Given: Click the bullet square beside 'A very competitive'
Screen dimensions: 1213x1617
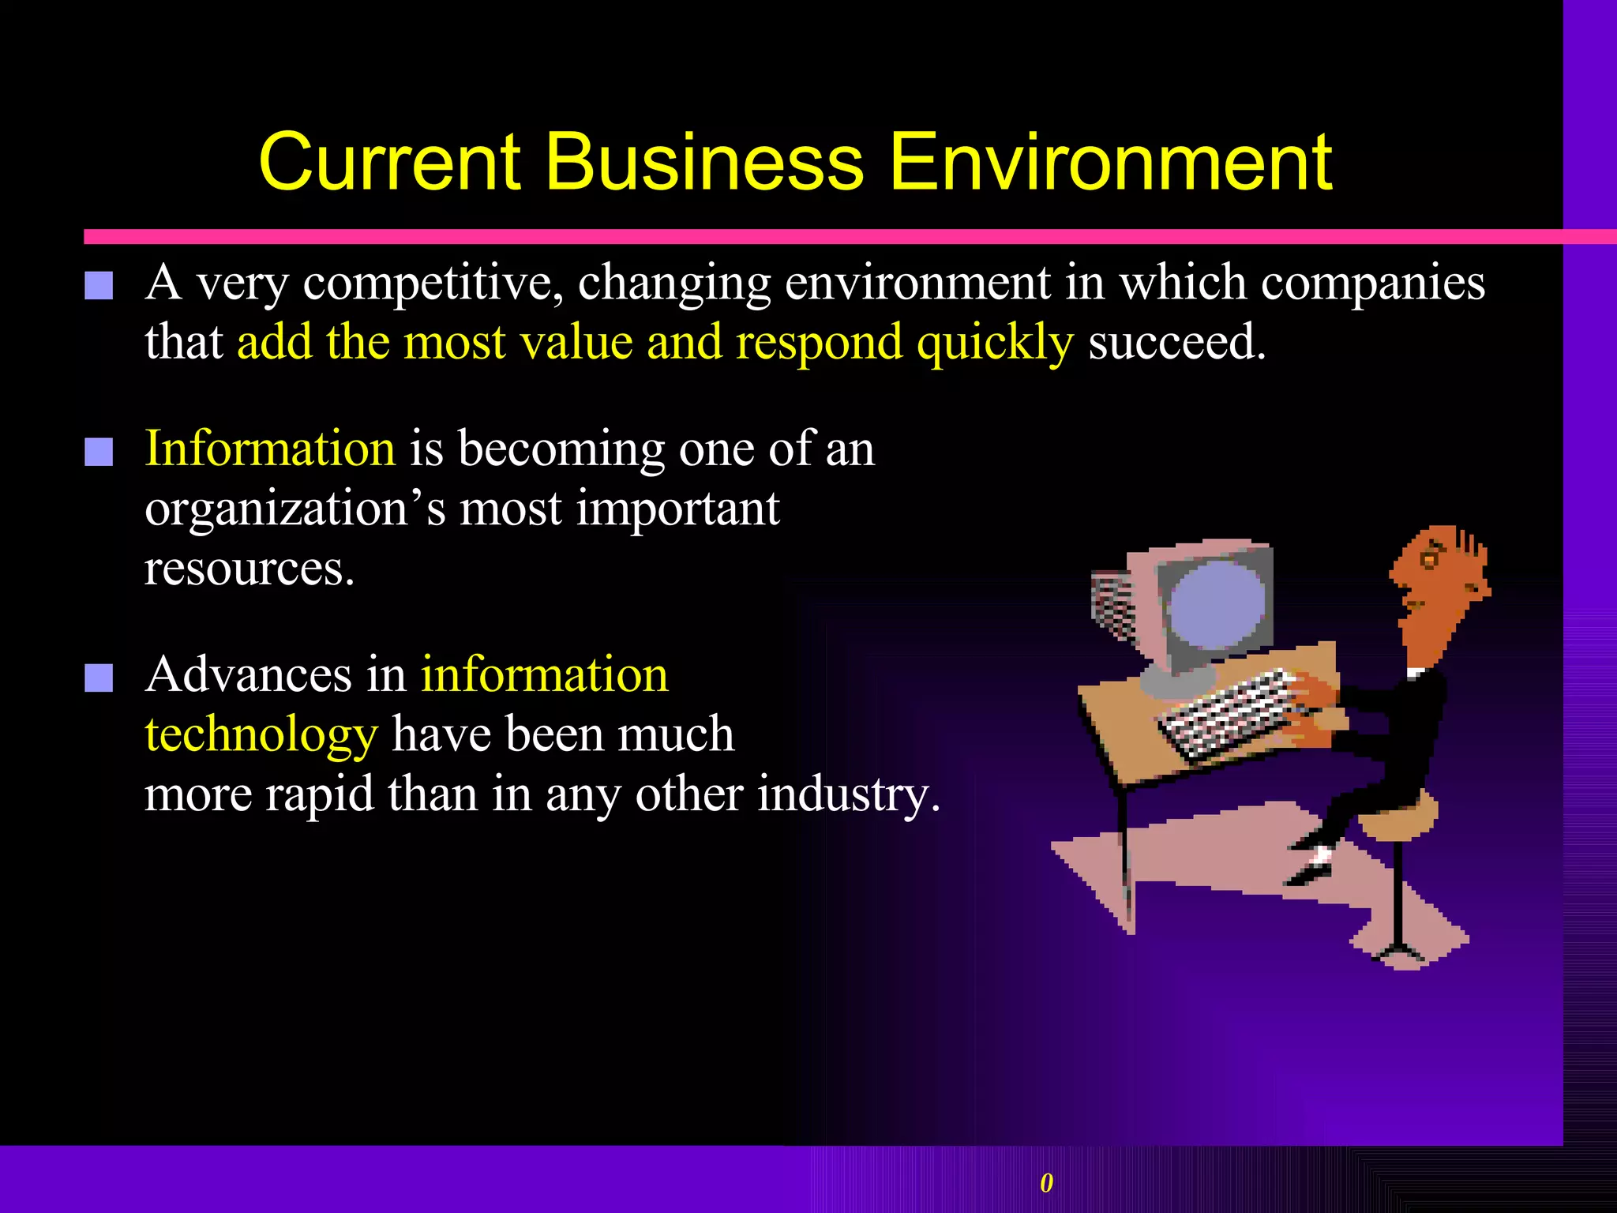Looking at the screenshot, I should coord(99,286).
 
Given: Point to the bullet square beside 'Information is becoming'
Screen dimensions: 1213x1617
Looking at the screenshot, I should coord(99,452).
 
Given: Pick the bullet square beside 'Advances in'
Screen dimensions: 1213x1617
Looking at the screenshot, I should coord(99,678).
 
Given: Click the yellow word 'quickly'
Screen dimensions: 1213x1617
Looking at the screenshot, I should coord(995,343).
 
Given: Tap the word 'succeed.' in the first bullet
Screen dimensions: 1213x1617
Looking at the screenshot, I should coord(1177,343).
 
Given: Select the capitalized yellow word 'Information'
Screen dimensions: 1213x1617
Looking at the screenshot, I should coord(270,449).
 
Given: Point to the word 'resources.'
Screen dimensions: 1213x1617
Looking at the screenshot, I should coord(249,569).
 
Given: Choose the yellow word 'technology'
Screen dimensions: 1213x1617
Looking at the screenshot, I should coord(261,734).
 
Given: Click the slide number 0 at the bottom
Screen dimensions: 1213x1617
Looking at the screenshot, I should coord(1046,1182).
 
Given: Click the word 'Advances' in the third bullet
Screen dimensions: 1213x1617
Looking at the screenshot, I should coord(249,675).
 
